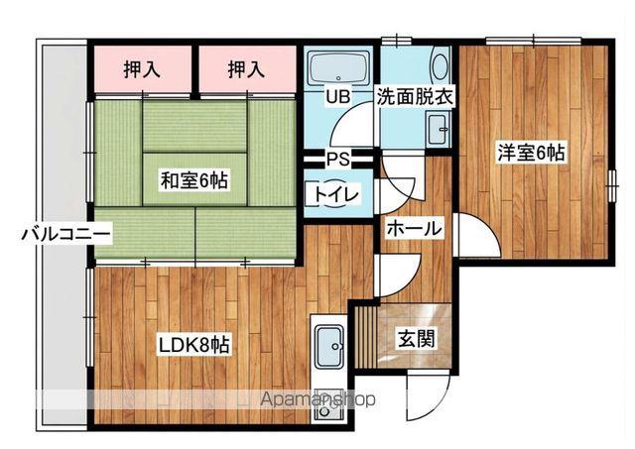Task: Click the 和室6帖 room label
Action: [194, 180]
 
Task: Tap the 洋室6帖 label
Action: [531, 153]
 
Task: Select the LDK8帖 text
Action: [194, 345]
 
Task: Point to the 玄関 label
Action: [416, 338]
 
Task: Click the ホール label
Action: [415, 229]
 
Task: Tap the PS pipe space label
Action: [337, 159]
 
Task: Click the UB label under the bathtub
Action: [338, 97]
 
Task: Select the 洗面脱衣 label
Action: [415, 97]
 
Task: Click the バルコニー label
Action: [66, 234]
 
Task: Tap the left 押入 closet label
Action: [142, 69]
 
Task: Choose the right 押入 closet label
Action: [246, 69]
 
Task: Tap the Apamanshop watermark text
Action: [317, 399]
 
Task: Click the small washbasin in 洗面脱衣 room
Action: [438, 129]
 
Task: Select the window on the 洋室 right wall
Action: [612, 185]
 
